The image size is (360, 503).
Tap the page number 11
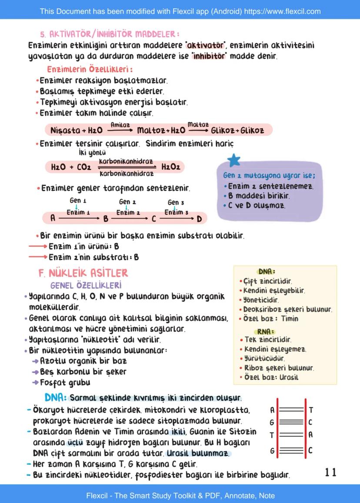pos(330,472)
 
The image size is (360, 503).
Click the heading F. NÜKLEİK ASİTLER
pos(83,273)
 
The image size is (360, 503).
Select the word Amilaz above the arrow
pos(120,124)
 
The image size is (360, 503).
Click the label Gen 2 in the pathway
pos(127,202)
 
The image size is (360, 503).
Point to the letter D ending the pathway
pos(199,219)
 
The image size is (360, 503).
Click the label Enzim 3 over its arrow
pos(176,212)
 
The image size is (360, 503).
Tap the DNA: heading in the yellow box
pos(267,272)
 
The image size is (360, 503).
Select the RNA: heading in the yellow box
pos(266,331)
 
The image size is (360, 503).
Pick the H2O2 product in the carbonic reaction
pos(170,167)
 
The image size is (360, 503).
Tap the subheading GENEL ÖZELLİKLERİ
pos(86,286)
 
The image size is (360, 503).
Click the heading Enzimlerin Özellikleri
pos(90,70)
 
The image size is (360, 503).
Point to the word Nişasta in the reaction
pos(65,130)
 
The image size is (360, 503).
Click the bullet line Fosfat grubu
pos(65,383)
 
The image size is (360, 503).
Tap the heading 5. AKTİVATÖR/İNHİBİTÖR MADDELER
pos(110,34)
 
